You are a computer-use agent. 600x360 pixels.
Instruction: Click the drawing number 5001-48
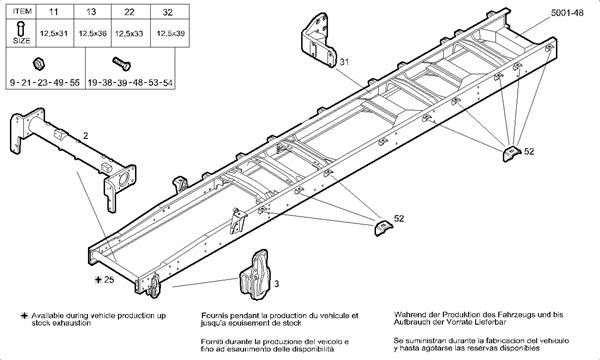point(568,13)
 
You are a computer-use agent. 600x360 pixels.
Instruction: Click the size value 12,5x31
point(53,34)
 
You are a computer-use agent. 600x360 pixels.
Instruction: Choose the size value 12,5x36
point(92,34)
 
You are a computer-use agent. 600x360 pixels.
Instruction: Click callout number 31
point(344,62)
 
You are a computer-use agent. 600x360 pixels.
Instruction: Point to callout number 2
point(86,134)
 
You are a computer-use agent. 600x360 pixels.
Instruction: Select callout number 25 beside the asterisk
point(108,279)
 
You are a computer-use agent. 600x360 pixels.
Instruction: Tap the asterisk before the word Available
point(10,315)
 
